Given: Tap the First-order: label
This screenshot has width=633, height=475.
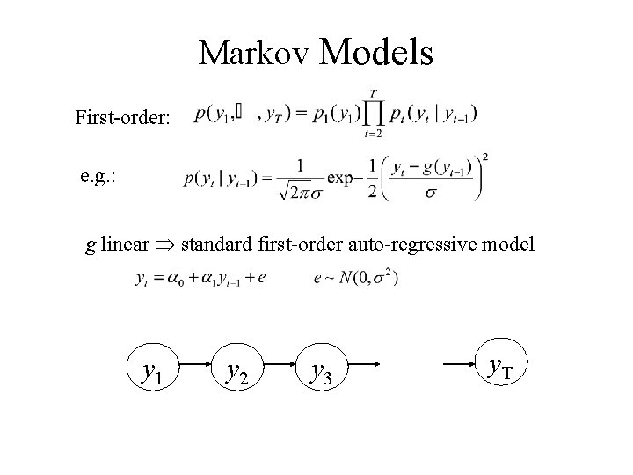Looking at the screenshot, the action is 123,116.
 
